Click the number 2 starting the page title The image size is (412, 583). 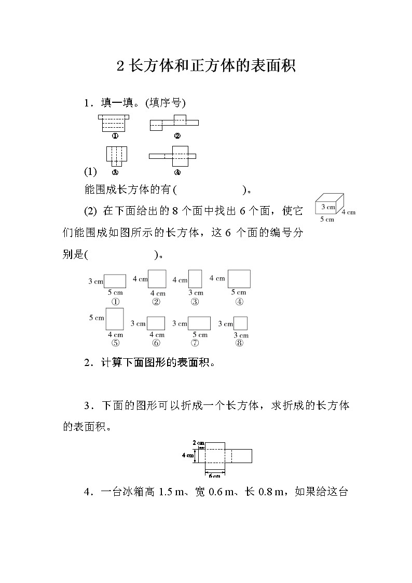(x=120, y=66)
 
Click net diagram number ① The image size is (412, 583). (x=114, y=123)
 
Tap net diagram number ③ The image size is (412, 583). (x=116, y=156)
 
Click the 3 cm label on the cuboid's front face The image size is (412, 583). (x=327, y=207)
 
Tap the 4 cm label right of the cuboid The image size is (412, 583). (x=348, y=212)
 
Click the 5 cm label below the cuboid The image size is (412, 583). (x=327, y=219)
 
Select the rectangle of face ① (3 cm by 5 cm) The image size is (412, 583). (x=115, y=281)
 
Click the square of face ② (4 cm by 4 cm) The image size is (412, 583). (x=157, y=279)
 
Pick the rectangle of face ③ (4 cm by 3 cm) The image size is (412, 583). (x=195, y=279)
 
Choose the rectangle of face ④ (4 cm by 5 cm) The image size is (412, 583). (x=239, y=279)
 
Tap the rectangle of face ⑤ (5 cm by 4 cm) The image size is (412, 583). (x=115, y=319)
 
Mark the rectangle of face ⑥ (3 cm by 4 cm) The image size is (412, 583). (x=156, y=323)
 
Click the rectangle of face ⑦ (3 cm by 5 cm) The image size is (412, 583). (x=199, y=323)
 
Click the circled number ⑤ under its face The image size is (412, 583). (x=115, y=343)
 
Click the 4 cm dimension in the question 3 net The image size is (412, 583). (x=187, y=455)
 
